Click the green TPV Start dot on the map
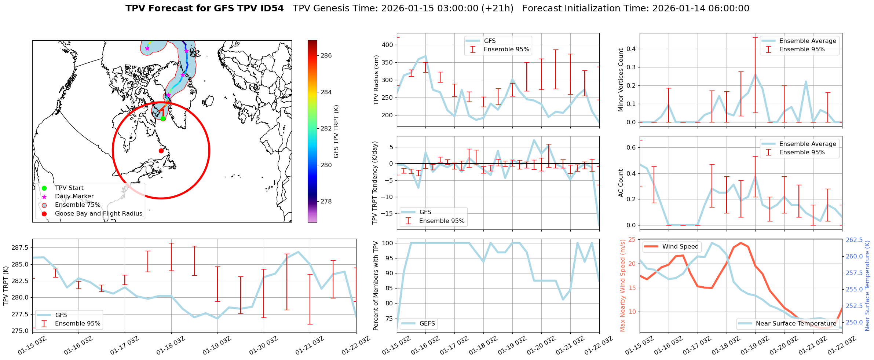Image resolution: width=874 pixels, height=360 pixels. click(163, 118)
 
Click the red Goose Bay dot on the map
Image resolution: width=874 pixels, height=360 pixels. click(161, 151)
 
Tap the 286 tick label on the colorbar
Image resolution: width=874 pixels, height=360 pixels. click(326, 55)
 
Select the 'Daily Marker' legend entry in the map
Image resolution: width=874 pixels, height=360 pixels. click(74, 196)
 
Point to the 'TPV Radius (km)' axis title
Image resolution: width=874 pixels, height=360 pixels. click(376, 80)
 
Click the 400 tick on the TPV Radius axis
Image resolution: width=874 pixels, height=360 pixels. click(388, 45)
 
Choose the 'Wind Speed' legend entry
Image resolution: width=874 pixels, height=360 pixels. click(680, 247)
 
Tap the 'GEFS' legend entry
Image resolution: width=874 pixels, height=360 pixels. click(427, 323)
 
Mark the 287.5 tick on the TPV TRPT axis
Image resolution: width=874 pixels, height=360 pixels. click(20, 248)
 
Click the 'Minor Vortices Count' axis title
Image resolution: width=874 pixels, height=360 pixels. click(621, 80)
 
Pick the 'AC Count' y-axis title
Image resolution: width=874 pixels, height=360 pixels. click(621, 183)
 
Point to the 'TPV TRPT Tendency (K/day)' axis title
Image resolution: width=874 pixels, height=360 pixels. click(374, 183)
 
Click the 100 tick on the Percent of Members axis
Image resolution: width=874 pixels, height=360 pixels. click(388, 243)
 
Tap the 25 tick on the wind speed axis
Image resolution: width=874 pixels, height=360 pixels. click(632, 240)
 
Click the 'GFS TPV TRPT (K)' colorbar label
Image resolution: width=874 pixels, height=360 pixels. click(336, 131)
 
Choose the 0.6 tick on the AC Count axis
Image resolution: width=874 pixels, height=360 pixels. click(632, 147)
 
